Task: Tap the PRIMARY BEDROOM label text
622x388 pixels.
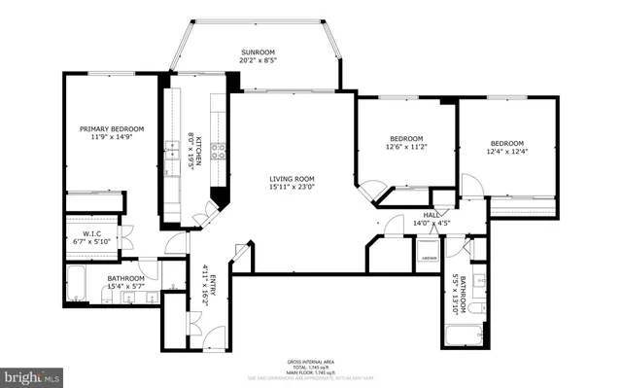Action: tap(112, 128)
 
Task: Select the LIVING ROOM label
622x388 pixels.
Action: tap(293, 178)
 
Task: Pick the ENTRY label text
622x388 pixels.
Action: tap(206, 283)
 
